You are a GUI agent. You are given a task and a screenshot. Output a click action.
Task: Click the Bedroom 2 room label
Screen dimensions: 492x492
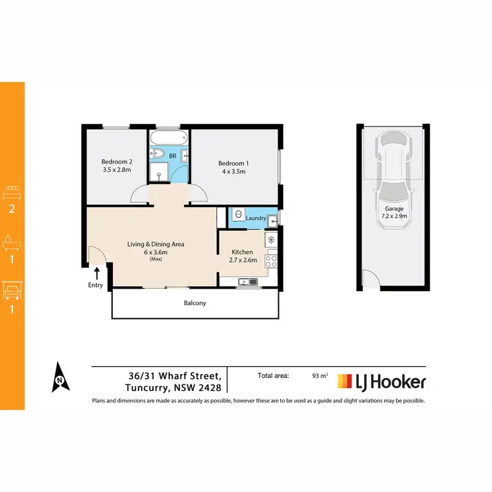pos(116,161)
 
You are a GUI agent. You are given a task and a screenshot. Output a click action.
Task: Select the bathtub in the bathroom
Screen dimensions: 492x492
pos(169,138)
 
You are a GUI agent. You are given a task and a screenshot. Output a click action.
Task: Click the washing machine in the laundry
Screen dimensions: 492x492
pos(238,215)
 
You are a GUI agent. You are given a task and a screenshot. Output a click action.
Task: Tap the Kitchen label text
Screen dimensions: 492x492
pos(242,252)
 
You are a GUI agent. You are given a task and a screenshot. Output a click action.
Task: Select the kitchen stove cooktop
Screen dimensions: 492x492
pos(271,261)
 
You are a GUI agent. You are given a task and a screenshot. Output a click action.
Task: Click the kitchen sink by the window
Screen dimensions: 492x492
pos(247,282)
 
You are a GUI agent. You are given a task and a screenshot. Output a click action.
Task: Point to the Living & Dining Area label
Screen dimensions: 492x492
pos(155,244)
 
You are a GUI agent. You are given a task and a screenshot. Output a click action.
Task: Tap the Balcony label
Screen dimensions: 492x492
pos(195,303)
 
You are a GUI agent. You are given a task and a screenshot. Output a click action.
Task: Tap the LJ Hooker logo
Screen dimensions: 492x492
pos(382,382)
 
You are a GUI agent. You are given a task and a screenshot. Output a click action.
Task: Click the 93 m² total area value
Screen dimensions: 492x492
pos(320,377)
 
